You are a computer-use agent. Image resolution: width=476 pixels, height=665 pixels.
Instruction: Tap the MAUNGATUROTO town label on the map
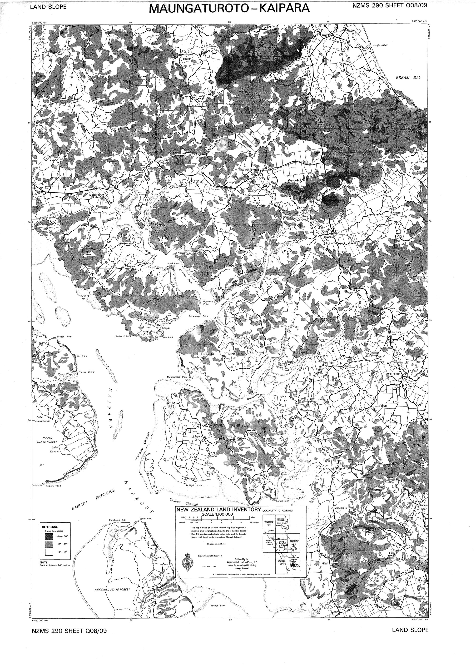[x=249, y=170]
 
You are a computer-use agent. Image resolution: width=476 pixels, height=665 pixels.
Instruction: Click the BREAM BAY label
[x=408, y=77]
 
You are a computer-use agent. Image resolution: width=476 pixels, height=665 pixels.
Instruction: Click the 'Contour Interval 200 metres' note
[x=55, y=565]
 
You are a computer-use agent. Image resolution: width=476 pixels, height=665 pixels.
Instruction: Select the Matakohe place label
[x=95, y=195]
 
